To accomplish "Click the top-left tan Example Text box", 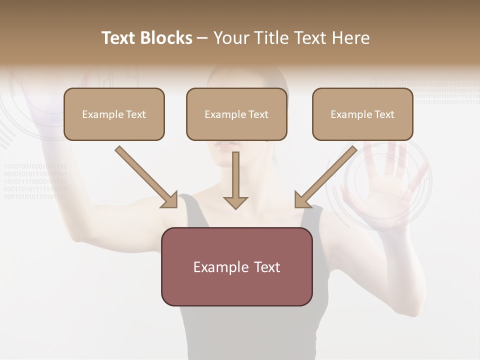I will point(114,114).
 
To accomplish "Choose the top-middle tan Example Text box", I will point(236,114).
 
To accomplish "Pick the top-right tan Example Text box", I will point(362,114).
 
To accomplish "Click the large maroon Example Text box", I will point(237,266).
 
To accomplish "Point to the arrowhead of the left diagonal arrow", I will point(170,200).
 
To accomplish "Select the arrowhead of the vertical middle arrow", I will point(235,202).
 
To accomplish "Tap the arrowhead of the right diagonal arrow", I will point(301,200).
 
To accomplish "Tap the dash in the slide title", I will point(202,38).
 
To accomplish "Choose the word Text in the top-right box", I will point(383,114).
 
